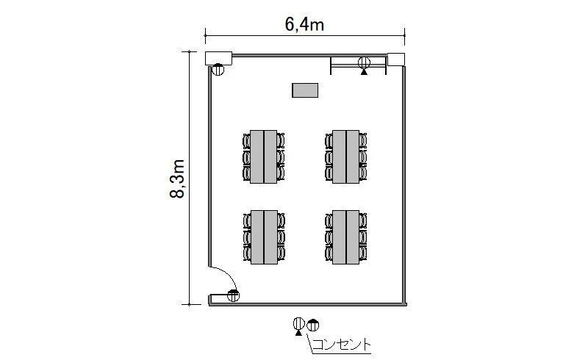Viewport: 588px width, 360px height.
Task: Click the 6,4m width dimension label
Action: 304,24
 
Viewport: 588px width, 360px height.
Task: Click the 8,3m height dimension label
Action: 177,179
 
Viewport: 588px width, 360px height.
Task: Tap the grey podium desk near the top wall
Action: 305,90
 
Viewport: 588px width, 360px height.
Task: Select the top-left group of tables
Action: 264,156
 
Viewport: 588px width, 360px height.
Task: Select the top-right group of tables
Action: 345,156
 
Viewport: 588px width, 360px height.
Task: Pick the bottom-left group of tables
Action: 265,237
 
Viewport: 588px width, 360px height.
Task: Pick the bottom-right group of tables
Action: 345,237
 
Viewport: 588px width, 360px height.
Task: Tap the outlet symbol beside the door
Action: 233,296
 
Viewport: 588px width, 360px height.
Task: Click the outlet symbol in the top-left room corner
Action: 218,69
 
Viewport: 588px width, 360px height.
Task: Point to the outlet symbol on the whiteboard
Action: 364,62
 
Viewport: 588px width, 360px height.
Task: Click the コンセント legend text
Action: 341,345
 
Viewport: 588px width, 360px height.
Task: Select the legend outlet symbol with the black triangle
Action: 299,325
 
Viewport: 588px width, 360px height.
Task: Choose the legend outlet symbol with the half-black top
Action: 313,325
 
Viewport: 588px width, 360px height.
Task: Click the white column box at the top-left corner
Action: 218,59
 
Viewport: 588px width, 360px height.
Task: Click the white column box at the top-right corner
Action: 396,60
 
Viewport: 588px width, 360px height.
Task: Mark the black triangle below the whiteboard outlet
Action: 364,71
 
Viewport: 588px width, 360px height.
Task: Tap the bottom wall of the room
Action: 307,304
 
